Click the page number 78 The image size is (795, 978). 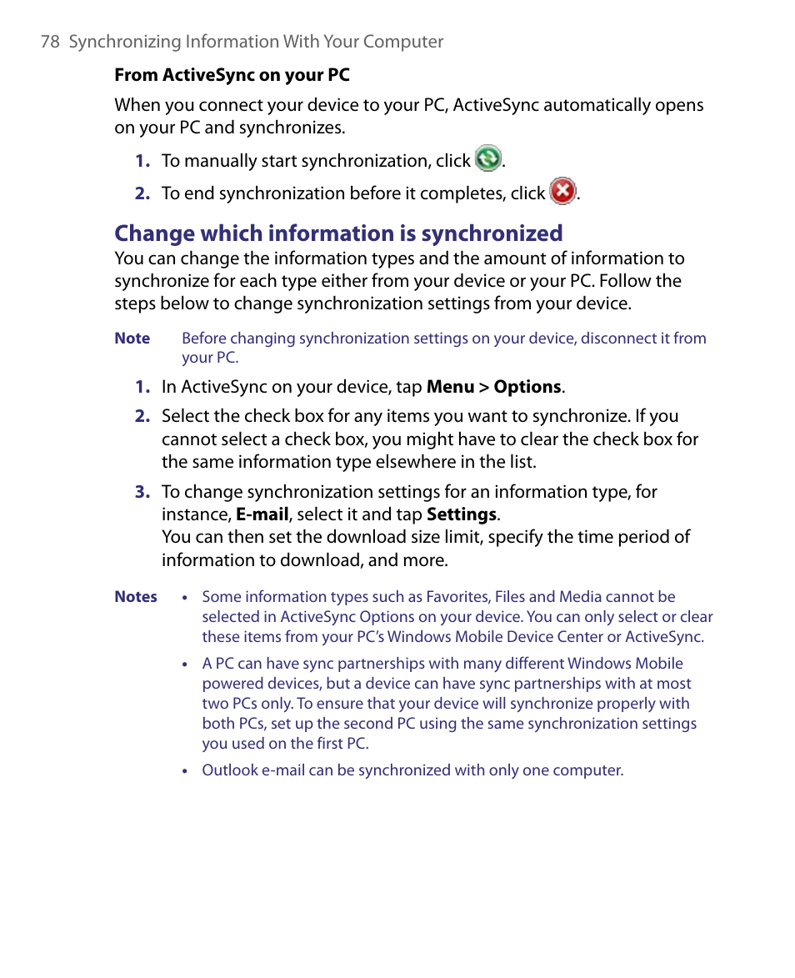[x=50, y=42]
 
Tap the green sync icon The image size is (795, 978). [x=488, y=158]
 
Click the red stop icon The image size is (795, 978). [x=563, y=192]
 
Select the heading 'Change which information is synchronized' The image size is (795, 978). [x=338, y=233]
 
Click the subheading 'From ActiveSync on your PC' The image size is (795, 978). [x=232, y=75]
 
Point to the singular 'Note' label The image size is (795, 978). [x=132, y=339]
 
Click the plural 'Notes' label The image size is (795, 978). [x=136, y=597]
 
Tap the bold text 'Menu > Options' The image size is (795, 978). [x=493, y=387]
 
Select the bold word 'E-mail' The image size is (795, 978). [x=262, y=514]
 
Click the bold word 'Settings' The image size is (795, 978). [x=461, y=514]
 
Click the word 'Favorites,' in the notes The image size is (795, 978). [x=457, y=597]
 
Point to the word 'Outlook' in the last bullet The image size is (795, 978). [x=230, y=770]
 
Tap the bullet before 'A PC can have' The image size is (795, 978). [x=185, y=665]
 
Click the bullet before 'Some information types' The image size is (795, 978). [x=185, y=598]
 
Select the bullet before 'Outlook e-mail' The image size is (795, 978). [x=185, y=771]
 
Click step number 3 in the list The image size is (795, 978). [x=142, y=492]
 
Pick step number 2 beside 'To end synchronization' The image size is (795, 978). [x=142, y=193]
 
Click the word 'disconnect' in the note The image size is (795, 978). [x=616, y=339]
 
